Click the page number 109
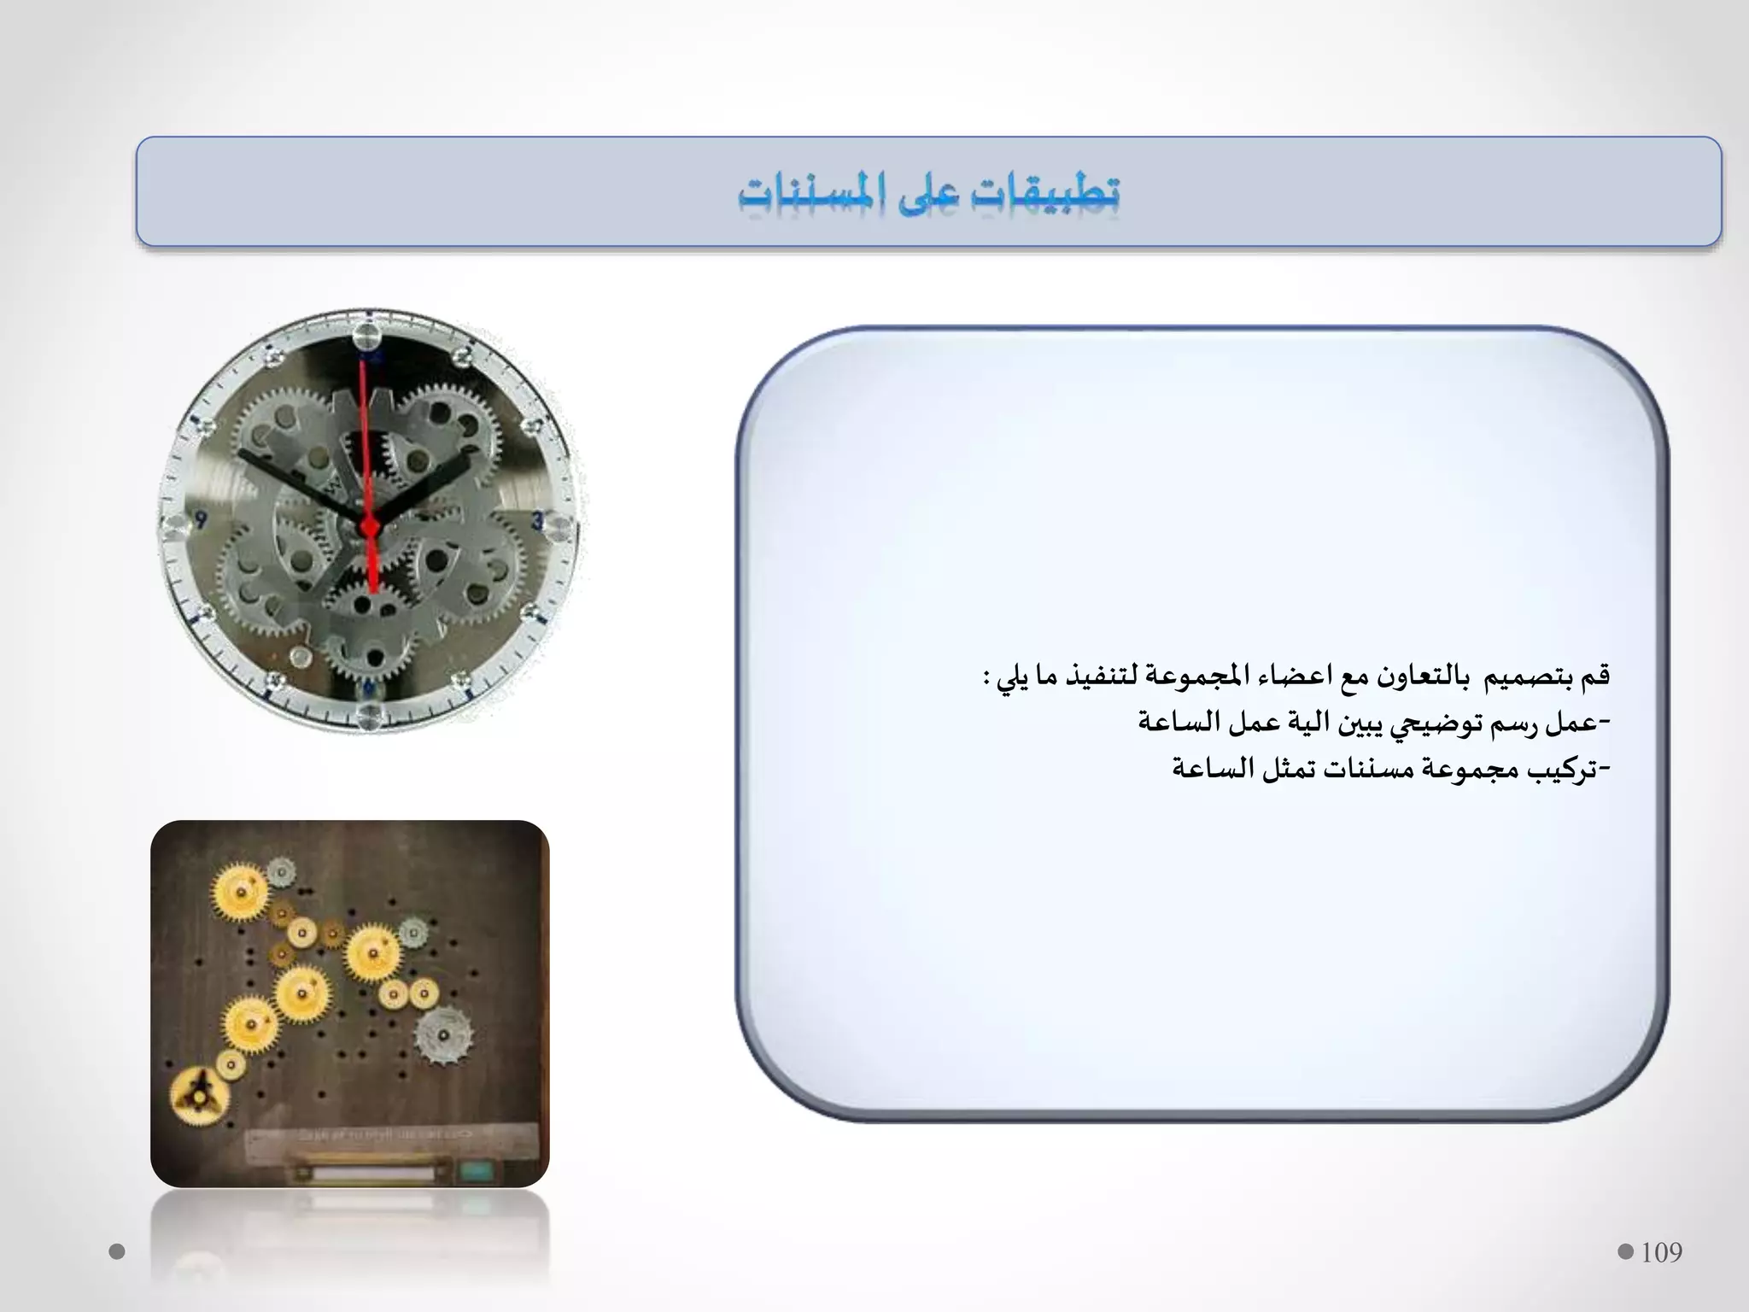point(1661,1252)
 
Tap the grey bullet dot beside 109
point(1625,1252)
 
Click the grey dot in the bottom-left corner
point(118,1252)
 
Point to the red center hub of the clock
point(370,526)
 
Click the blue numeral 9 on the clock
point(202,520)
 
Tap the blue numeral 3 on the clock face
point(537,520)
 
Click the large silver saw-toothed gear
point(442,1036)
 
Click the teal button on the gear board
point(474,1171)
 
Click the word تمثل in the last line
point(1289,770)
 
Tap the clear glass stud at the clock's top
point(368,334)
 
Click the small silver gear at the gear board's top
point(280,871)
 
